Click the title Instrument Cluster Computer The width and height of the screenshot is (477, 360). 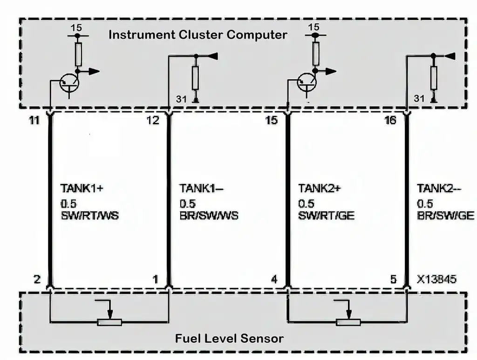198,35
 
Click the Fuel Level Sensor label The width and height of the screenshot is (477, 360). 229,338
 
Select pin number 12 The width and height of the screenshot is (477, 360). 152,121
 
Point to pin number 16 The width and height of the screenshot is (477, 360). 390,121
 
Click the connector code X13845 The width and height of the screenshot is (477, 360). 436,279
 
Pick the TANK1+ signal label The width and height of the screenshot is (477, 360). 82,189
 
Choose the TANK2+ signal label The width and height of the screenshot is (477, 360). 319,189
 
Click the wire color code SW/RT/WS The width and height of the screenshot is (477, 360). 89,216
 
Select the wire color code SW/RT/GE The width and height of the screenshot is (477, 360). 327,216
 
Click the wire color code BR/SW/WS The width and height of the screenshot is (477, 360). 209,216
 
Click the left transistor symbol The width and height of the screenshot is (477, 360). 69,83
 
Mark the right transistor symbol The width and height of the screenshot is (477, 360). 307,83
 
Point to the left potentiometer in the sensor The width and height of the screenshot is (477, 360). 109,321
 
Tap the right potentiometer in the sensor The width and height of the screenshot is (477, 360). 347,321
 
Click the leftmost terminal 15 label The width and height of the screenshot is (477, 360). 76,28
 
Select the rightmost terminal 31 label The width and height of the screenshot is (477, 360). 419,98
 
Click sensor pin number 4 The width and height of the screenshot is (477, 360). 274,279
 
